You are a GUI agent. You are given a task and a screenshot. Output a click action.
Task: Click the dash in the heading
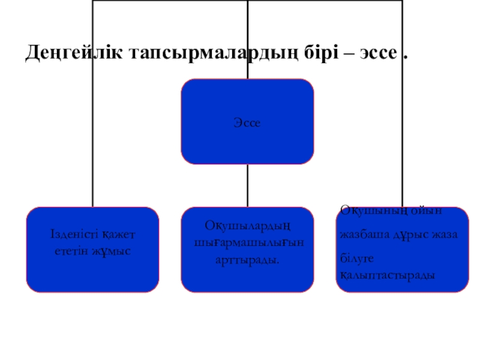click(x=349, y=54)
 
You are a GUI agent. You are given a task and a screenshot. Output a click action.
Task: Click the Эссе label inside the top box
click(x=247, y=122)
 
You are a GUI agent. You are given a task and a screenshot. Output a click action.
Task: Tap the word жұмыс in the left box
click(x=114, y=248)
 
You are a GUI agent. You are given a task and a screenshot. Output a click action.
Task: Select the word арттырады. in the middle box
click(x=247, y=258)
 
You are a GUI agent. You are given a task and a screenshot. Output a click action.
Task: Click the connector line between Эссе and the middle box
click(x=247, y=185)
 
